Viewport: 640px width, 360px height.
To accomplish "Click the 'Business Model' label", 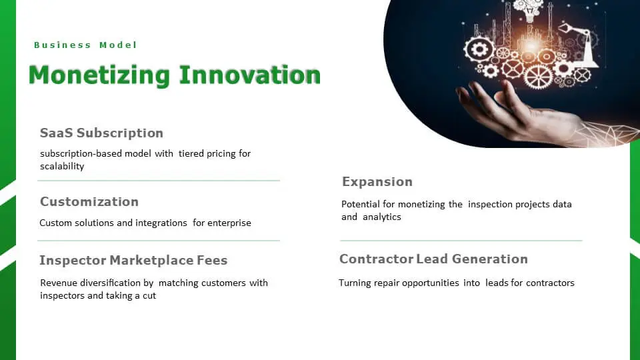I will pos(85,45).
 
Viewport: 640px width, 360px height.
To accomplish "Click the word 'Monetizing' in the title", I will pos(99,75).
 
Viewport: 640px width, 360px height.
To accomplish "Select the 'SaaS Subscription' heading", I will pos(101,133).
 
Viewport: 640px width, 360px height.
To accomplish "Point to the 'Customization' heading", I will pos(89,201).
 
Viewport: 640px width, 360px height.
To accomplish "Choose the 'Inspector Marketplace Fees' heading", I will pos(133,260).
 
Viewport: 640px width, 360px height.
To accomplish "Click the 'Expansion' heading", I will pos(377,181).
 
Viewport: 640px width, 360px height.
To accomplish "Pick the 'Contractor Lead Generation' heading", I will pos(433,259).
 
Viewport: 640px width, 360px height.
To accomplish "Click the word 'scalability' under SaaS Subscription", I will pos(62,166).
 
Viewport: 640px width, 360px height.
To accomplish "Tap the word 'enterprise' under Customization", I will pos(229,223).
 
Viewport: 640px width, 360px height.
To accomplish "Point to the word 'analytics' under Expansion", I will pos(382,217).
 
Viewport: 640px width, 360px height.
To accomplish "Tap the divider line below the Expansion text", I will pos(461,240).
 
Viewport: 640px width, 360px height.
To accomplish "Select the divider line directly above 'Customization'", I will pos(159,180).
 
